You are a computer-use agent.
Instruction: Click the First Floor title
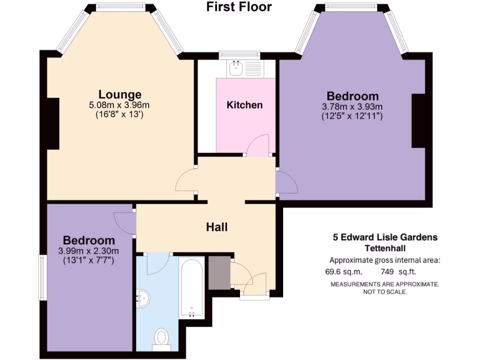(x=239, y=7)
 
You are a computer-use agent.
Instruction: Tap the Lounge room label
(x=120, y=94)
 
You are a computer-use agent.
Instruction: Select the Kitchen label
(x=245, y=105)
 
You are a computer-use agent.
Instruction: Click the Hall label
(x=217, y=227)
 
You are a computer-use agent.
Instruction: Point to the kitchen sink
(x=235, y=68)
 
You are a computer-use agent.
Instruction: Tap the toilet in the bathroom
(x=162, y=337)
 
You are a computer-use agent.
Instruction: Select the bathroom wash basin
(x=142, y=297)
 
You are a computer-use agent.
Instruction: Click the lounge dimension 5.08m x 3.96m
(x=120, y=105)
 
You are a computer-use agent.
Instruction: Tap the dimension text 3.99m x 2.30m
(x=89, y=250)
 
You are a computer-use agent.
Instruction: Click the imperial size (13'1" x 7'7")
(x=89, y=259)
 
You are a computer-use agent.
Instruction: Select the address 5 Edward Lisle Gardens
(x=385, y=237)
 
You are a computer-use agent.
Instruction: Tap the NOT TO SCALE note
(x=385, y=292)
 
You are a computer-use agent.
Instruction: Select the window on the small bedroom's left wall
(x=42, y=277)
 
